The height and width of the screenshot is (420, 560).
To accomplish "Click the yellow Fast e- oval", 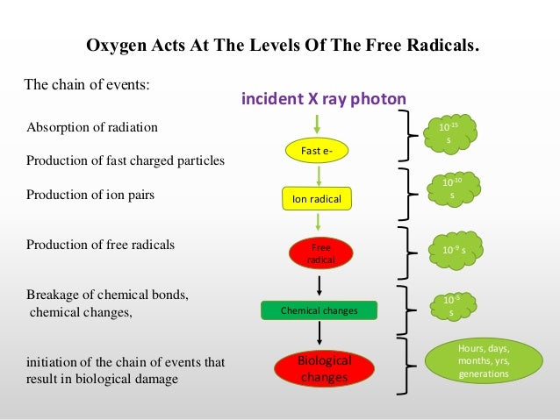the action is pyautogui.click(x=318, y=152).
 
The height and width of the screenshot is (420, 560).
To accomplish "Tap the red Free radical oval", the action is pyautogui.click(x=319, y=252).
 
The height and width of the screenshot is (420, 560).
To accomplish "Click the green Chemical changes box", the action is pyautogui.click(x=319, y=310).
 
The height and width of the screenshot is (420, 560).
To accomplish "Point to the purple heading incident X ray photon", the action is pyautogui.click(x=324, y=100).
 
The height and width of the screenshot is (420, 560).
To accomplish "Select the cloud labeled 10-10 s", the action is pyautogui.click(x=451, y=188).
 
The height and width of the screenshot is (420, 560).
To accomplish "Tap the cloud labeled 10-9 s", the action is pyautogui.click(x=453, y=250).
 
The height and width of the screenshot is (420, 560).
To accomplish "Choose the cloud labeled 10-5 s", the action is pyautogui.click(x=450, y=304).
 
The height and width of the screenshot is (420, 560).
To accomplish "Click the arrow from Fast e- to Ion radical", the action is pyautogui.click(x=319, y=174).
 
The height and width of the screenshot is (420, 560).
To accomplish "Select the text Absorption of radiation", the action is pyautogui.click(x=92, y=127).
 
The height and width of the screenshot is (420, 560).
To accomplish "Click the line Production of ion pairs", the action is pyautogui.click(x=90, y=196).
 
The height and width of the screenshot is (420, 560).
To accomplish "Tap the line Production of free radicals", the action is pyautogui.click(x=100, y=246).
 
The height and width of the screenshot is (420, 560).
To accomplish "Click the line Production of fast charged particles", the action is pyautogui.click(x=126, y=161).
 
